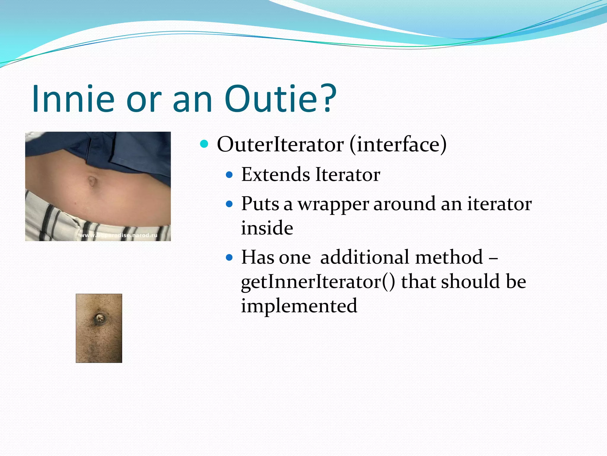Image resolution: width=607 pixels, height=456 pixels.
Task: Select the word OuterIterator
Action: coord(280,145)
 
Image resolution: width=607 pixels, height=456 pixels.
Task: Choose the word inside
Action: coord(267,228)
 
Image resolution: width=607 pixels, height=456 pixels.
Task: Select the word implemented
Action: coord(299,306)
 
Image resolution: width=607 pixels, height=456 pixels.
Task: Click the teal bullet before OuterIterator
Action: coord(204,144)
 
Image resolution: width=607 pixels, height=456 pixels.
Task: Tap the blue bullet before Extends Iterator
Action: coord(229,175)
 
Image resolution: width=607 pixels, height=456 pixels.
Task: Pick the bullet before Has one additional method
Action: coord(229,257)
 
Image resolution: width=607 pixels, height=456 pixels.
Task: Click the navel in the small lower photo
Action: coord(99,319)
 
